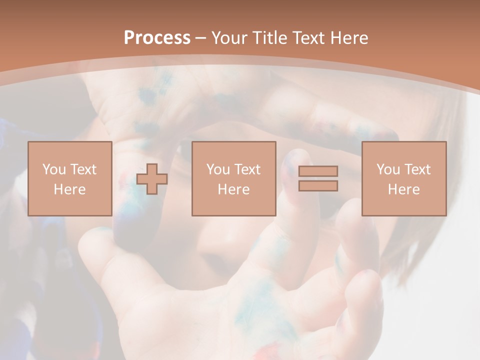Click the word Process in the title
(157, 38)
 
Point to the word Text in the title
(309, 38)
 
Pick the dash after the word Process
(201, 38)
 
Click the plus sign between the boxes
(152, 178)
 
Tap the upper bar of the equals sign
(318, 171)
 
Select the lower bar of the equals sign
(318, 185)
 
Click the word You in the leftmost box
(54, 169)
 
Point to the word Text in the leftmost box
(82, 169)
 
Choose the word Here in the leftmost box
(69, 189)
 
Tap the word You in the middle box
(218, 169)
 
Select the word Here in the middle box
(233, 189)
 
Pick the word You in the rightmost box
(388, 169)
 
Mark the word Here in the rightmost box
(403, 189)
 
